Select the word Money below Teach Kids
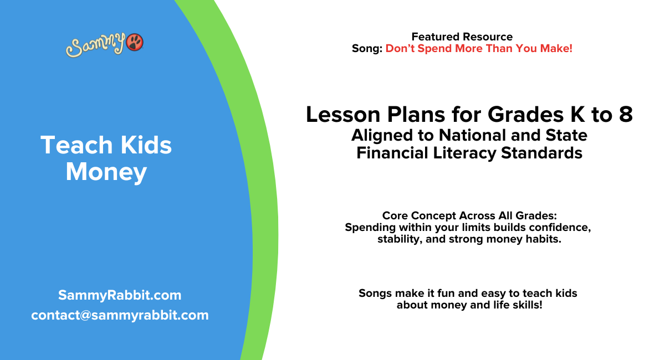pos(106,172)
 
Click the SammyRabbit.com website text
pos(119,295)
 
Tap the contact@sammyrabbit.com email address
pos(120,315)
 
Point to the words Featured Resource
pos(462,37)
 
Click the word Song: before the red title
pos(367,49)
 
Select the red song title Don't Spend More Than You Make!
pos(479,49)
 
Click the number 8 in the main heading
pos(625,115)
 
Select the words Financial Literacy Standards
pos(469,153)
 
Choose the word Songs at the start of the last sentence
pos(376,294)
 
